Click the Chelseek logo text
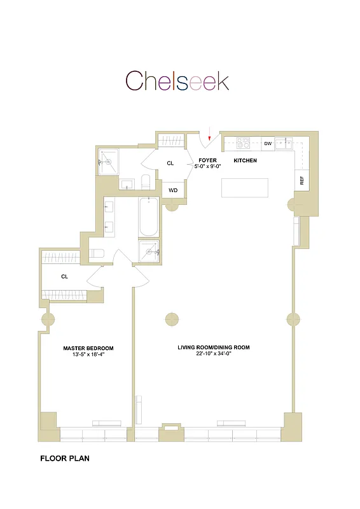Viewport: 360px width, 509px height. tap(177, 81)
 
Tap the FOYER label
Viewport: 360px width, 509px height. tap(208, 160)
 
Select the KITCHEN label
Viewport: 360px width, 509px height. tap(245, 160)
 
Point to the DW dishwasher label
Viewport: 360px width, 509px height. tap(268, 144)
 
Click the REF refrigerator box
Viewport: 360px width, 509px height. tap(302, 181)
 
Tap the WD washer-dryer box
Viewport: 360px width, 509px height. tap(172, 190)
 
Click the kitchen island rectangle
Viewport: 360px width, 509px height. tap(244, 188)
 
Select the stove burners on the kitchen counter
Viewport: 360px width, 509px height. tap(244, 143)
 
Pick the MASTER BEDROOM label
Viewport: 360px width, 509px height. tap(88, 348)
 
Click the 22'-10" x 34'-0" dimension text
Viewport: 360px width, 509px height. tap(214, 355)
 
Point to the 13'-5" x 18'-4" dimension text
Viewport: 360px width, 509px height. tap(88, 356)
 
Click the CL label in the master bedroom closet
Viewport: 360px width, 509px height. tap(64, 277)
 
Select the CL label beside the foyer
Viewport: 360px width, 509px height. tap(170, 164)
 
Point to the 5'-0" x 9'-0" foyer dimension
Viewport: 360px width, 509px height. tap(208, 167)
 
